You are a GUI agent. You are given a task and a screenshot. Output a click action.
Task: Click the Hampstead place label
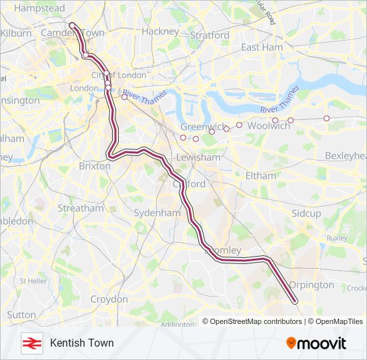point(39,9)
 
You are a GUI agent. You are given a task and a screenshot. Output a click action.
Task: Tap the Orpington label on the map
point(312,285)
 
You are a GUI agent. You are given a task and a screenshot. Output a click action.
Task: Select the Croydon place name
point(109,299)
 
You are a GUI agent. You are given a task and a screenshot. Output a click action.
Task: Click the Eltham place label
point(260,175)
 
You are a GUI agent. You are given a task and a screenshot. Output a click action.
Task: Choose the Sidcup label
point(306,213)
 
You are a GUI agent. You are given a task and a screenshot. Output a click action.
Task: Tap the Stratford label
point(210,35)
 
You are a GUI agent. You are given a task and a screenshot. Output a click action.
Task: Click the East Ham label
point(262,47)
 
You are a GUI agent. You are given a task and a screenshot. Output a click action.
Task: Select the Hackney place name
point(160,31)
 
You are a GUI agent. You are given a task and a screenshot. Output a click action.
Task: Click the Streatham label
point(81,208)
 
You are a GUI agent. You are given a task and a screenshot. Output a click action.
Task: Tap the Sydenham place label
point(157,213)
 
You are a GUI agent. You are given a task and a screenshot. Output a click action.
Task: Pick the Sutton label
point(21,315)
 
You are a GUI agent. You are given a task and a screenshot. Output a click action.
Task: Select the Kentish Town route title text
point(81,343)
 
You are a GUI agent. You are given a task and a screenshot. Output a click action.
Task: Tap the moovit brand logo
point(316,343)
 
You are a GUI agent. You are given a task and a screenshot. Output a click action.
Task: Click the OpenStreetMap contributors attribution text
point(256,321)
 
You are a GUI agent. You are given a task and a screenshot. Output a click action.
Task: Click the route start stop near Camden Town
point(72,26)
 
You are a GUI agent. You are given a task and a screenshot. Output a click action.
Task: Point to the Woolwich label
point(268,125)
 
